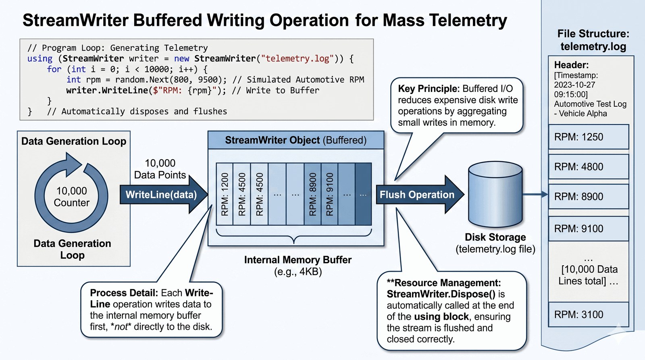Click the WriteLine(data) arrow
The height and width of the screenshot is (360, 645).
[x=161, y=195]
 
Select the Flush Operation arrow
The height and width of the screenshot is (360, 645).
[x=417, y=195]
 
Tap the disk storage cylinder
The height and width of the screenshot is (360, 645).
[x=495, y=194]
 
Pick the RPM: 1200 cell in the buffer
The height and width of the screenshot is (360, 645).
[x=225, y=194]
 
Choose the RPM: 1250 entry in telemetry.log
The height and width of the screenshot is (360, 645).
[x=588, y=137]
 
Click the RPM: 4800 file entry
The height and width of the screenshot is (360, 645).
[x=588, y=167]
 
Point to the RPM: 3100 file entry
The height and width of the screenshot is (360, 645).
[x=588, y=314]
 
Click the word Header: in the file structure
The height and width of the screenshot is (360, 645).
[x=571, y=65]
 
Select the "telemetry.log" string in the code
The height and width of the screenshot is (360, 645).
[x=298, y=59]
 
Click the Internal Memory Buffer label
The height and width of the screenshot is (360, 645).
[x=298, y=260]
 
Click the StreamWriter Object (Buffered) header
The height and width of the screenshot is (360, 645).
[x=295, y=140]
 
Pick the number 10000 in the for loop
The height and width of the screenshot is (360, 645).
[x=156, y=69]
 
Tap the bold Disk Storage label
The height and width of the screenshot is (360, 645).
[x=495, y=237]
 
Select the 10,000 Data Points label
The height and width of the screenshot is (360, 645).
[x=160, y=169]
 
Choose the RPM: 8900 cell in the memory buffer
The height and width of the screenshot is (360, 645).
[x=312, y=194]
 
